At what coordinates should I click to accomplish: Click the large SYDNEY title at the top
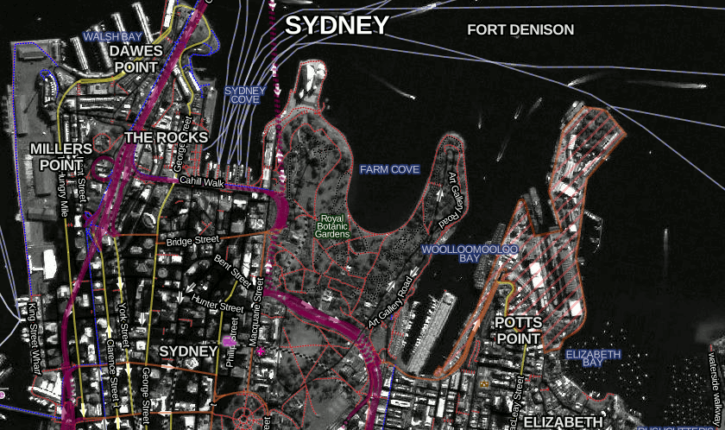[x=337, y=26]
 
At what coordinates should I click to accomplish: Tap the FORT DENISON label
[x=520, y=29]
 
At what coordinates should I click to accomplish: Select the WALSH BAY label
[x=112, y=37]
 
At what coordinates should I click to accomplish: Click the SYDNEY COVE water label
[x=245, y=95]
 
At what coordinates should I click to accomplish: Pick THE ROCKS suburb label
[x=166, y=137]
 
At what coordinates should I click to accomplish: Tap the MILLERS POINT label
[x=60, y=156]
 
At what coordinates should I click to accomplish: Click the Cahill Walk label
[x=201, y=182]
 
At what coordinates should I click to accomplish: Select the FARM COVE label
[x=389, y=169]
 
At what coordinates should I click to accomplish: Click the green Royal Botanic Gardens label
[x=333, y=226]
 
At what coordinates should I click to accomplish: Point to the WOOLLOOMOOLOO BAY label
[x=470, y=253]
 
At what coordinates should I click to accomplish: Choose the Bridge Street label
[x=193, y=241]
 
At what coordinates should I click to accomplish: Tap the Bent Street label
[x=232, y=270]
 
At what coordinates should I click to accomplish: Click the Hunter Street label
[x=217, y=306]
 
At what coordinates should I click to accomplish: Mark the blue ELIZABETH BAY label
[x=593, y=359]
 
